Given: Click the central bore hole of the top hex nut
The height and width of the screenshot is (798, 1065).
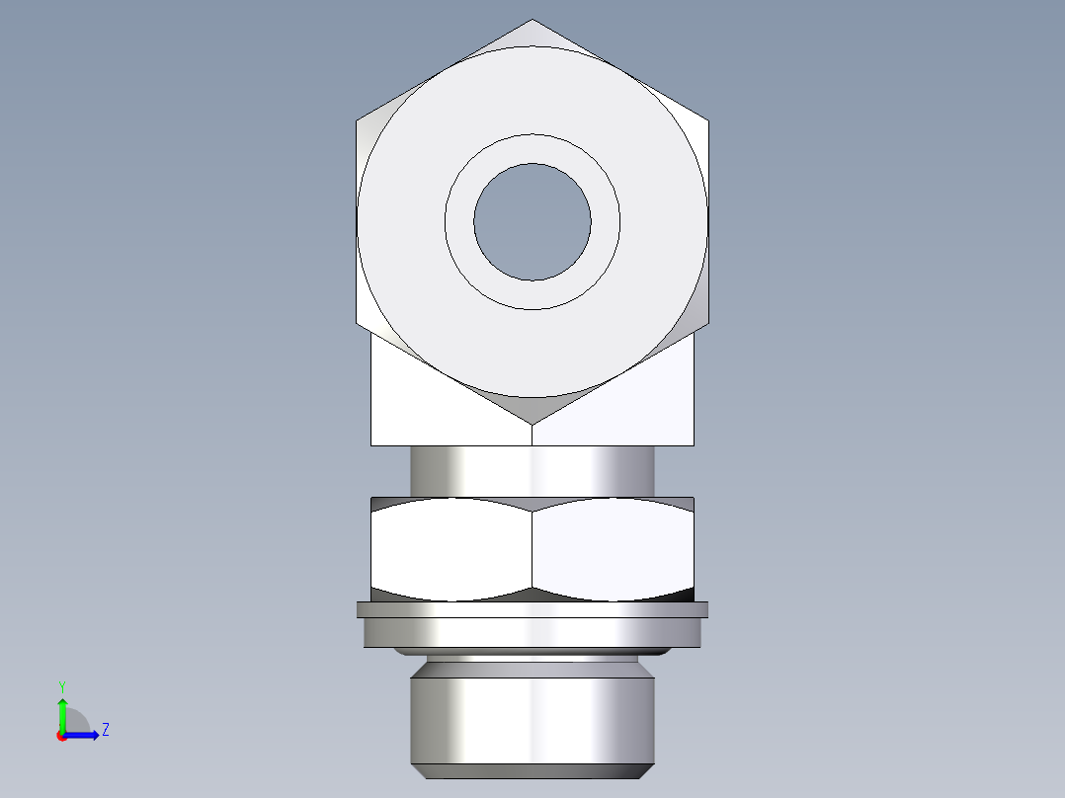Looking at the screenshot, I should coord(532,221).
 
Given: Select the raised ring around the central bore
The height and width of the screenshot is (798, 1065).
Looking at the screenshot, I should coord(532,148).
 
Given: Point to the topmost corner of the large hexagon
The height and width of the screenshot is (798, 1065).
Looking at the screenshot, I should coord(532,20).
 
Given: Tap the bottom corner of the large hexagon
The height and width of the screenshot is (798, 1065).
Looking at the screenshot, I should coord(532,425).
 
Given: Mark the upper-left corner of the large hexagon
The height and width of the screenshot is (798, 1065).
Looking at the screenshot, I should coord(357,120).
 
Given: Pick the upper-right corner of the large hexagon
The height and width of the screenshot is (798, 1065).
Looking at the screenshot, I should coord(707,120).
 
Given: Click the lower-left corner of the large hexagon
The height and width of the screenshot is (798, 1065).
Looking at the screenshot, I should coord(357,323).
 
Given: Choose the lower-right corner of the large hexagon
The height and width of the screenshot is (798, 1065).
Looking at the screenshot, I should coord(707,323).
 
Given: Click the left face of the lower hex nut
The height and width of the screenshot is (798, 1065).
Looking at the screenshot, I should coord(452,548).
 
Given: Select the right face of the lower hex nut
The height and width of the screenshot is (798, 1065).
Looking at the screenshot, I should coord(613,548).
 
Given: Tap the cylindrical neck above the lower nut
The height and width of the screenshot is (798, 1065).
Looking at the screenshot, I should coord(532,471).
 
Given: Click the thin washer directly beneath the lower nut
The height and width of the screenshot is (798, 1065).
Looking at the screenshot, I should coord(532,609).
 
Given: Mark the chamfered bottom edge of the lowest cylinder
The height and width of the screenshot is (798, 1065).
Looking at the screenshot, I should coord(532,771).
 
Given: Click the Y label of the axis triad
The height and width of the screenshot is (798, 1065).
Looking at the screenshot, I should coord(61,685).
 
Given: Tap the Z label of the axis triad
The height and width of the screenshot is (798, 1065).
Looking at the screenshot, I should coord(105,731).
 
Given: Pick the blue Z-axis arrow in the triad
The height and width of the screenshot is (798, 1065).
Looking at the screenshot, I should coord(84,735).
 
